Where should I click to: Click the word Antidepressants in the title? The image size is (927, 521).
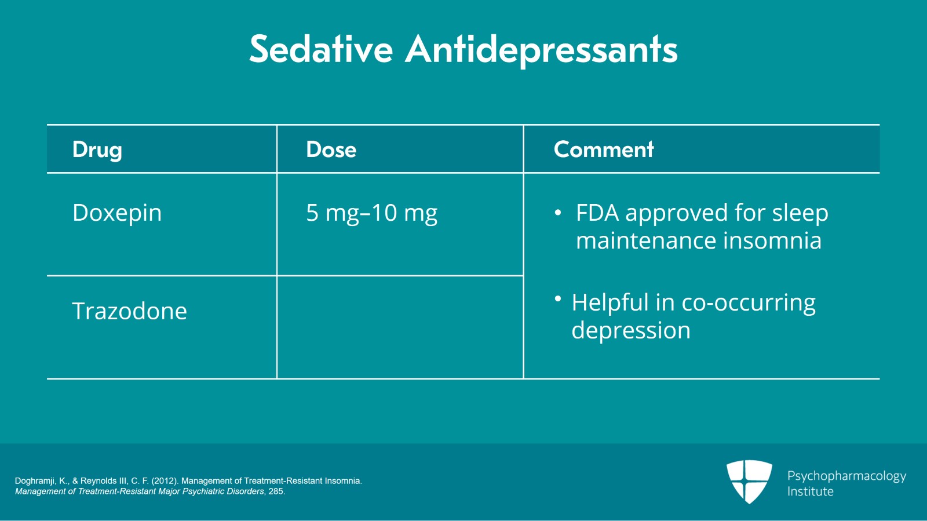pyautogui.click(x=541, y=50)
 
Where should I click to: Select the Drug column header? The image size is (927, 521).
pyautogui.click(x=97, y=150)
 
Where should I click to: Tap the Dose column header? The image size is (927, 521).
pyautogui.click(x=331, y=150)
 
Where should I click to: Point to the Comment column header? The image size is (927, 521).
pyautogui.click(x=604, y=150)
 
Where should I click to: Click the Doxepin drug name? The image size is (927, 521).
pyautogui.click(x=117, y=213)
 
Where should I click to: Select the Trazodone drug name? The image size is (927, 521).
pyautogui.click(x=130, y=311)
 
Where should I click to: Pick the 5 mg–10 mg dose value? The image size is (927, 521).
pyautogui.click(x=371, y=213)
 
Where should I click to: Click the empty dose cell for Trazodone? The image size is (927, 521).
pyautogui.click(x=400, y=327)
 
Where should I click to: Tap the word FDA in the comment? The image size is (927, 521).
pyautogui.click(x=597, y=213)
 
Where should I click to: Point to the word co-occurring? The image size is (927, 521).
pyautogui.click(x=749, y=303)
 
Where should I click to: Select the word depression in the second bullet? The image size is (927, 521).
pyautogui.click(x=631, y=331)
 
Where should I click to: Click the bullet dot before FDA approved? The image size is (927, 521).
pyautogui.click(x=558, y=213)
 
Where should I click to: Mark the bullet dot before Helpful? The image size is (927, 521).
pyautogui.click(x=558, y=298)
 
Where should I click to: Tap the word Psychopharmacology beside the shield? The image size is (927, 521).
pyautogui.click(x=846, y=476)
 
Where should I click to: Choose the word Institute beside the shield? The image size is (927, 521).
pyautogui.click(x=810, y=491)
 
